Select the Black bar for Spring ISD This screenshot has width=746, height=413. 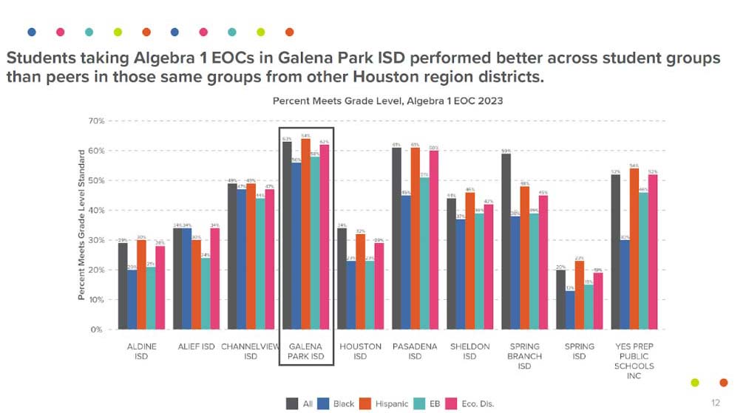(x=569, y=310)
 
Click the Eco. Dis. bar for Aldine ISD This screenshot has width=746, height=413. (x=160, y=287)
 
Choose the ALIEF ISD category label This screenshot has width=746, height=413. (x=196, y=347)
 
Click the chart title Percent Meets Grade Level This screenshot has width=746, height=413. (x=387, y=100)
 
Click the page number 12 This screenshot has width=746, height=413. (x=715, y=403)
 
